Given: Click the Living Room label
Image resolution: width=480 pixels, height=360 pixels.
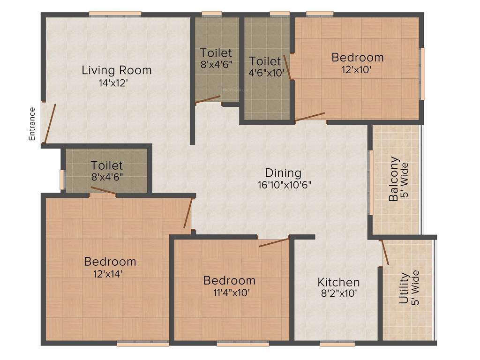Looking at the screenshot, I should pyautogui.click(x=117, y=70).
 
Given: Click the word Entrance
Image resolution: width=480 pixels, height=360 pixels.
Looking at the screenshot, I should pyautogui.click(x=32, y=124).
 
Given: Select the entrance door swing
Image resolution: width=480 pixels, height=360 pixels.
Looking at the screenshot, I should pyautogui.click(x=50, y=123).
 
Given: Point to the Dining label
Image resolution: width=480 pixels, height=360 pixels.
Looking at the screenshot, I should pyautogui.click(x=283, y=172).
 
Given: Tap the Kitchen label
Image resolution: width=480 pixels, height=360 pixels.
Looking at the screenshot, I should pyautogui.click(x=338, y=282).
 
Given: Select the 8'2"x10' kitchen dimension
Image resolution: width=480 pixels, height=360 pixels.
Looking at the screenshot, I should pyautogui.click(x=338, y=294).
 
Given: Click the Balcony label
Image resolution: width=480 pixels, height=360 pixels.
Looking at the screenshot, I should pyautogui.click(x=394, y=179).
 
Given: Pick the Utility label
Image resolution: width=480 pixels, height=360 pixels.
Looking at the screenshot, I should pyautogui.click(x=404, y=288).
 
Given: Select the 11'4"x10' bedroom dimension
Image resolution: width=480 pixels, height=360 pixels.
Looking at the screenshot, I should pyautogui.click(x=229, y=292).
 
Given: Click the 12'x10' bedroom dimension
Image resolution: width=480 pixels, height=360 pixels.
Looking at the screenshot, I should pyautogui.click(x=357, y=69).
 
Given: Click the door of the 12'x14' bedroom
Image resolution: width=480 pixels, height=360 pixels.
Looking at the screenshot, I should pyautogui.click(x=188, y=213).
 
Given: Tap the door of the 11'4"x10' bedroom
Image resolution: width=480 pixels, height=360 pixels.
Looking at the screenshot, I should pyautogui.click(x=274, y=242).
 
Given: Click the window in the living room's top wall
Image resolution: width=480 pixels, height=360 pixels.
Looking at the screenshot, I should pyautogui.click(x=115, y=14).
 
